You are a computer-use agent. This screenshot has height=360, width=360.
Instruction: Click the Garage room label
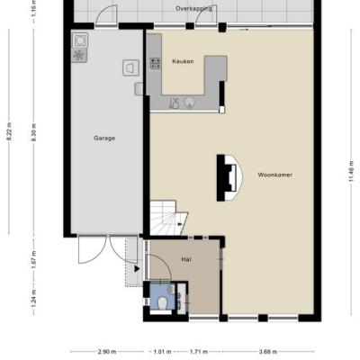coord(104,139)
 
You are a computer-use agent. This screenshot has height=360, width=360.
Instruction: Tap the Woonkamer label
coord(275,175)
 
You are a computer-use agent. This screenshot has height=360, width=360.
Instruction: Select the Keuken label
coord(183,61)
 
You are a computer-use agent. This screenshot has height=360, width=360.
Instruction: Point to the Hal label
coord(186,259)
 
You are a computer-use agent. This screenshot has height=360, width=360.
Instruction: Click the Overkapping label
coord(193,8)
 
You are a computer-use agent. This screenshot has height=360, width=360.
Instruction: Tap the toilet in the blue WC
coord(163,303)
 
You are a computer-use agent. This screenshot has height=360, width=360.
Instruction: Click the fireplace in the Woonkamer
coord(229,177)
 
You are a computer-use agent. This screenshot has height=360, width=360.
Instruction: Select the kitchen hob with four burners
coord(155,63)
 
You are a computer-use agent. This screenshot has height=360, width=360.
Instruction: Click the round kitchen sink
coord(189,103)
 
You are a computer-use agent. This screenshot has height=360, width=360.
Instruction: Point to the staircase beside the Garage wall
coord(168,218)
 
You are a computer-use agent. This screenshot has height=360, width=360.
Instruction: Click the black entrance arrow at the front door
coord(137,269)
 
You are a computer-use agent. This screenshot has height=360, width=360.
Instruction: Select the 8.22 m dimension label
coord(9,131)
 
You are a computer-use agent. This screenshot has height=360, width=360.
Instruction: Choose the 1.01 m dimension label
coord(162,352)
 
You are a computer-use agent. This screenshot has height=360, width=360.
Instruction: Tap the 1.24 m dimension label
coord(33,298)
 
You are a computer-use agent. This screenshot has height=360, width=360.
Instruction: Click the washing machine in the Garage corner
coord(80,40)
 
